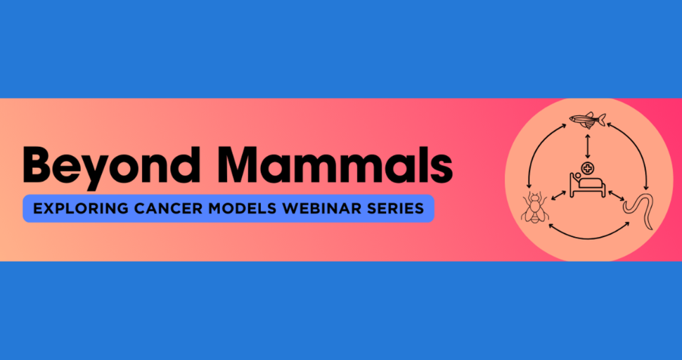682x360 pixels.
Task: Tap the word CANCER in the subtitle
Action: [164, 209]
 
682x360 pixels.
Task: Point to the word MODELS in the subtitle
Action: [236, 209]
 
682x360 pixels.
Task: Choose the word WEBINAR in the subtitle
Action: [315, 209]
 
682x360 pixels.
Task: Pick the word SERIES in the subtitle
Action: [395, 209]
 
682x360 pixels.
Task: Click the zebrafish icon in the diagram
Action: [587, 120]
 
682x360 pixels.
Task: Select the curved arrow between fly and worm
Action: [587, 232]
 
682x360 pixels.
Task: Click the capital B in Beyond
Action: [39, 165]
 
